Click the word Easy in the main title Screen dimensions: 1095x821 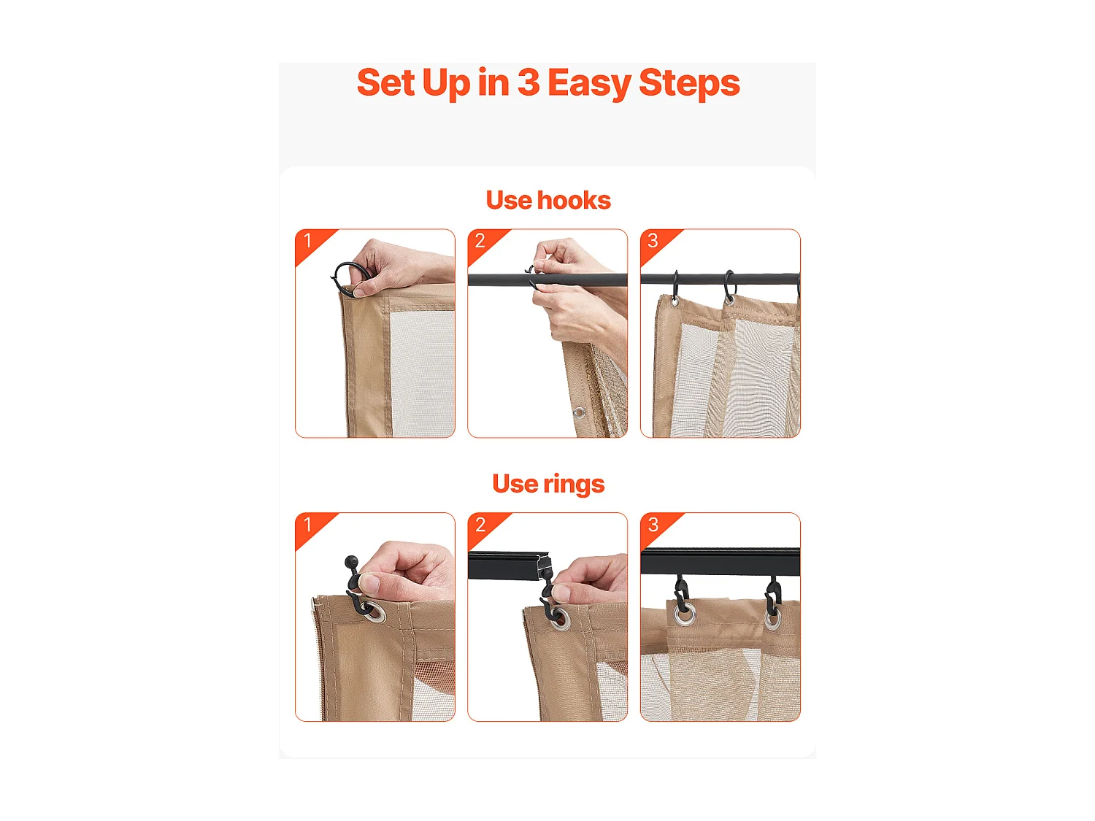(x=589, y=83)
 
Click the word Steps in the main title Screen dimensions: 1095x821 (x=689, y=82)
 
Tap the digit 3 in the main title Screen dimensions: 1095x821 (x=529, y=82)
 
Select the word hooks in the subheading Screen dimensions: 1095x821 (x=574, y=200)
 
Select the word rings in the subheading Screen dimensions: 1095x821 (x=574, y=484)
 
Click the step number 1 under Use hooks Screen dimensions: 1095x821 (x=308, y=240)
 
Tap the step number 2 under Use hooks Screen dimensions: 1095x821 (x=480, y=240)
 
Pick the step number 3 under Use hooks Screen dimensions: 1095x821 (x=653, y=240)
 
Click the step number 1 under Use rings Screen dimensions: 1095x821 (x=308, y=525)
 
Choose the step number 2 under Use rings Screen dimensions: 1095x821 (x=480, y=525)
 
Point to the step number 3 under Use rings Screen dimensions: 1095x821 (x=653, y=525)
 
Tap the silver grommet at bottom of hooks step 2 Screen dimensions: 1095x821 (x=579, y=413)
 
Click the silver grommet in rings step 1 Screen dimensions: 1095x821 (x=374, y=612)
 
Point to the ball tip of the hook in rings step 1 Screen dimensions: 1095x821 (x=350, y=561)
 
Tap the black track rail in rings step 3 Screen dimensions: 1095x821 (x=720, y=560)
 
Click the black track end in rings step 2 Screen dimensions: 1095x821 (x=545, y=566)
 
